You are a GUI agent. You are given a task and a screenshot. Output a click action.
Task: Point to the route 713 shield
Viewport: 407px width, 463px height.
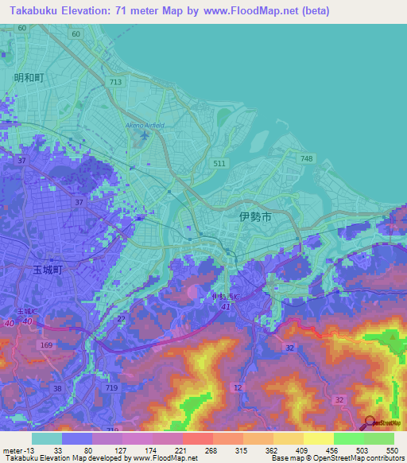[116, 82]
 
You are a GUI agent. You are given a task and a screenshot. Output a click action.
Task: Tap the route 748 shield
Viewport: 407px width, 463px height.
[307, 159]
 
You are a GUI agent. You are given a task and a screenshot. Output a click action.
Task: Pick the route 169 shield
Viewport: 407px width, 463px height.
[45, 345]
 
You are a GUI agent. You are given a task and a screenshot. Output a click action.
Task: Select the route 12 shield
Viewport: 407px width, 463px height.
[238, 386]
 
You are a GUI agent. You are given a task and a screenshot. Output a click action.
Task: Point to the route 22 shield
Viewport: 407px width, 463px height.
[122, 319]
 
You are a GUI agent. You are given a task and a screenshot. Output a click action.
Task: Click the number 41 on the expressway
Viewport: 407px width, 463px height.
[226, 305]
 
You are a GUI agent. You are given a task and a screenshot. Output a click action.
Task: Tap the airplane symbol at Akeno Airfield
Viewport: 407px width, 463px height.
[143, 136]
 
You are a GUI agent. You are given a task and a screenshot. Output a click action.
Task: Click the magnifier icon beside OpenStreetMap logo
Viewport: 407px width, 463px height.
[370, 423]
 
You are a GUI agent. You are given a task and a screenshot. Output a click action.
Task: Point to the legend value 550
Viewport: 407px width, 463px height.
[392, 449]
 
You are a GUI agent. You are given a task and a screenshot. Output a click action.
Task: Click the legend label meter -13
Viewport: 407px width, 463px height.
[18, 449]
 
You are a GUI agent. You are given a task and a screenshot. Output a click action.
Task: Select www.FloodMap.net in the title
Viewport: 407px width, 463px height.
[246, 10]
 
